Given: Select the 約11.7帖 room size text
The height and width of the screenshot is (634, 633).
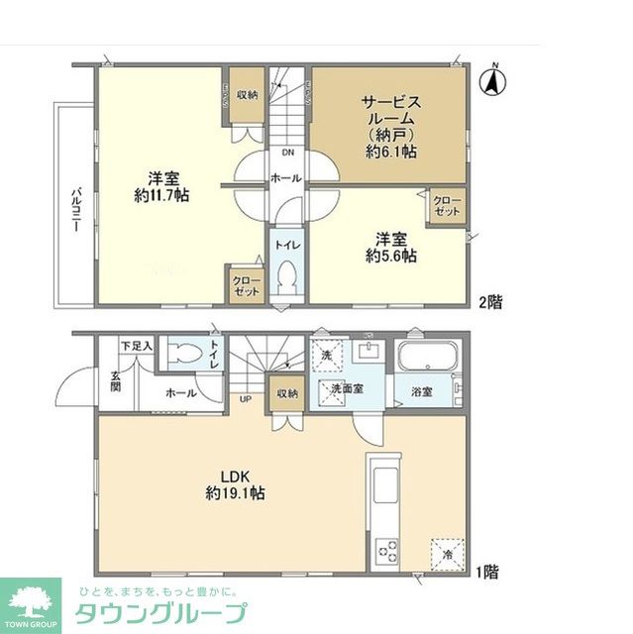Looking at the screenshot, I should (x=163, y=195).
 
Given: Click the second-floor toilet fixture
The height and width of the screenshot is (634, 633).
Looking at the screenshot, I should (x=287, y=278).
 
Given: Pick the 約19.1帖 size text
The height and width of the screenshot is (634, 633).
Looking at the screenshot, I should (x=235, y=491).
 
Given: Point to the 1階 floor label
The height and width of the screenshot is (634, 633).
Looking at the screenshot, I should (x=485, y=572).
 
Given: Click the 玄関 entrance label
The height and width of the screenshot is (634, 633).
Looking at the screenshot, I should (x=115, y=381).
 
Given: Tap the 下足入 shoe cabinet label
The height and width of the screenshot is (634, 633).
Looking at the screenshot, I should (x=135, y=346).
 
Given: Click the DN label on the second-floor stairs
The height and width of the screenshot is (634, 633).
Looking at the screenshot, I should (x=287, y=153).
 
